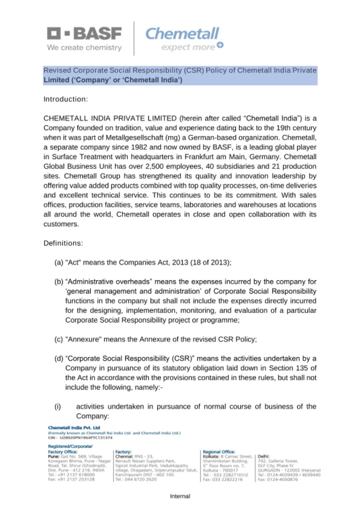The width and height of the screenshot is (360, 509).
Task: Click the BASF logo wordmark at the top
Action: click(85, 34)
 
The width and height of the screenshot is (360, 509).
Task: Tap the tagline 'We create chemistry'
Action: click(84, 48)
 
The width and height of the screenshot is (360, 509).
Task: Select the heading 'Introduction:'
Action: click(65, 99)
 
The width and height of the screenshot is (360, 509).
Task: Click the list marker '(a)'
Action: click(58, 263)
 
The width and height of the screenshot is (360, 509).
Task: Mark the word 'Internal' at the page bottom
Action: click(180, 496)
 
